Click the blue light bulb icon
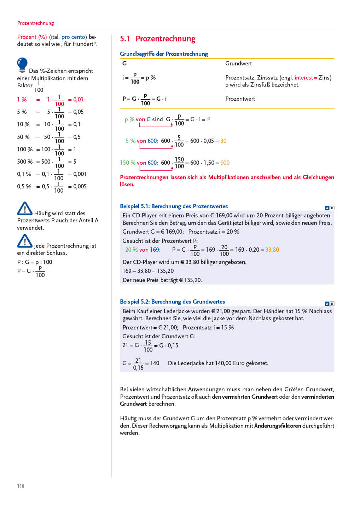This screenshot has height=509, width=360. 22,65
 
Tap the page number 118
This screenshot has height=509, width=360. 21,486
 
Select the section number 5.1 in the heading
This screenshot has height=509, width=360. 125,39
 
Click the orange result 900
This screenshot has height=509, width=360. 225,163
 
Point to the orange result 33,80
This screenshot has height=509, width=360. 272,250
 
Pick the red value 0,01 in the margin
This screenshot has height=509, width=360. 78,100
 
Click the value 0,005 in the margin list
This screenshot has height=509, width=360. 80,186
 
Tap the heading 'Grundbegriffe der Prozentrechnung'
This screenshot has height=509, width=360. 164,54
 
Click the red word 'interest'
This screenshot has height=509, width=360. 303,78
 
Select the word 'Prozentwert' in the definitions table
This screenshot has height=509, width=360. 240,99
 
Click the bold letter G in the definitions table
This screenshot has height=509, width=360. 124,64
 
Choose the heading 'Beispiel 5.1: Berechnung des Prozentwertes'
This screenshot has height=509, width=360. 174,206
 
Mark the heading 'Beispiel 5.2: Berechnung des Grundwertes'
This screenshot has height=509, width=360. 172,302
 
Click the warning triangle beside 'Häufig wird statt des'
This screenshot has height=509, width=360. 25,209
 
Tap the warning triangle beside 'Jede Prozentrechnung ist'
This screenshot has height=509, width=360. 25,241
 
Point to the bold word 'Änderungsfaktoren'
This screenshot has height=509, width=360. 278,426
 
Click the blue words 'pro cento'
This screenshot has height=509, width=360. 73,37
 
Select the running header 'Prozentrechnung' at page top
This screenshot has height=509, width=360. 35,23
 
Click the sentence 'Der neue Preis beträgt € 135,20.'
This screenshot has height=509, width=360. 162,280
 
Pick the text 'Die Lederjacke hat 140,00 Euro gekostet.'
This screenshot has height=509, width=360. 218,363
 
